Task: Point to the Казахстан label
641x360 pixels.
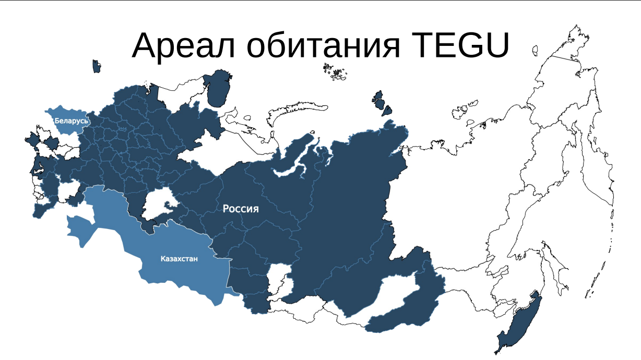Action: pyautogui.click(x=179, y=258)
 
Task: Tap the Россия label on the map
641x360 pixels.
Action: pyautogui.click(x=241, y=209)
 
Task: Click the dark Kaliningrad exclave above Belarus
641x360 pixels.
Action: pyautogui.click(x=96, y=66)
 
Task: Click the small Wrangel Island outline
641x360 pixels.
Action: pyautogui.click(x=535, y=50)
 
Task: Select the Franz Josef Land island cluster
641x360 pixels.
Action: pyautogui.click(x=334, y=72)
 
